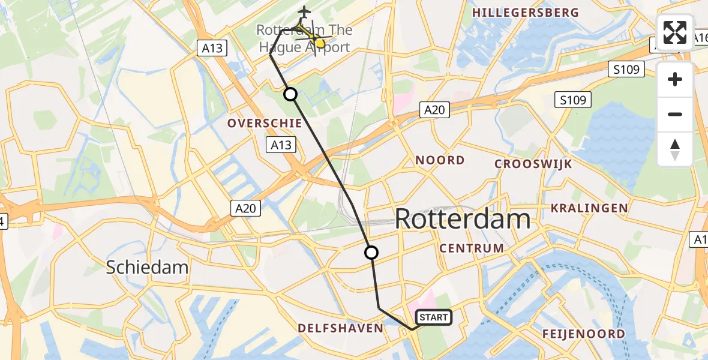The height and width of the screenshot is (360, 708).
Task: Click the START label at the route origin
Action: [x=433, y=317]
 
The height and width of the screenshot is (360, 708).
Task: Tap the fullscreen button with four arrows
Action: [x=675, y=32]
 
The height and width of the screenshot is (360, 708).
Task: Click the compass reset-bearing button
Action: [x=675, y=149]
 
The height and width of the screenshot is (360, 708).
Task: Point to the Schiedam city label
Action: [x=147, y=267]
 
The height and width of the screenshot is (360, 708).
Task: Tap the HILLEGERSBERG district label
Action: [x=526, y=13]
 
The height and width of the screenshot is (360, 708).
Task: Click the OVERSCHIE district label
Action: [x=264, y=123]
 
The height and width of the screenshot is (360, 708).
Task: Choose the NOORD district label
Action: [x=440, y=160]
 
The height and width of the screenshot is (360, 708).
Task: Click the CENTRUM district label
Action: [x=472, y=248]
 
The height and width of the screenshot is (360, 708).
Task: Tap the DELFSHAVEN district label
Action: [x=340, y=328]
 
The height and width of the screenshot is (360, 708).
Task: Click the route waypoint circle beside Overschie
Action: [x=290, y=94]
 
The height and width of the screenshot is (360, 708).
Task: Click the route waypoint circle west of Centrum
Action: [x=371, y=253]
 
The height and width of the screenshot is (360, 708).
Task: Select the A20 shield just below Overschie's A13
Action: [x=246, y=208]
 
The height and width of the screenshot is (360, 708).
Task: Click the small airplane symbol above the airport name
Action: [x=304, y=11]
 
